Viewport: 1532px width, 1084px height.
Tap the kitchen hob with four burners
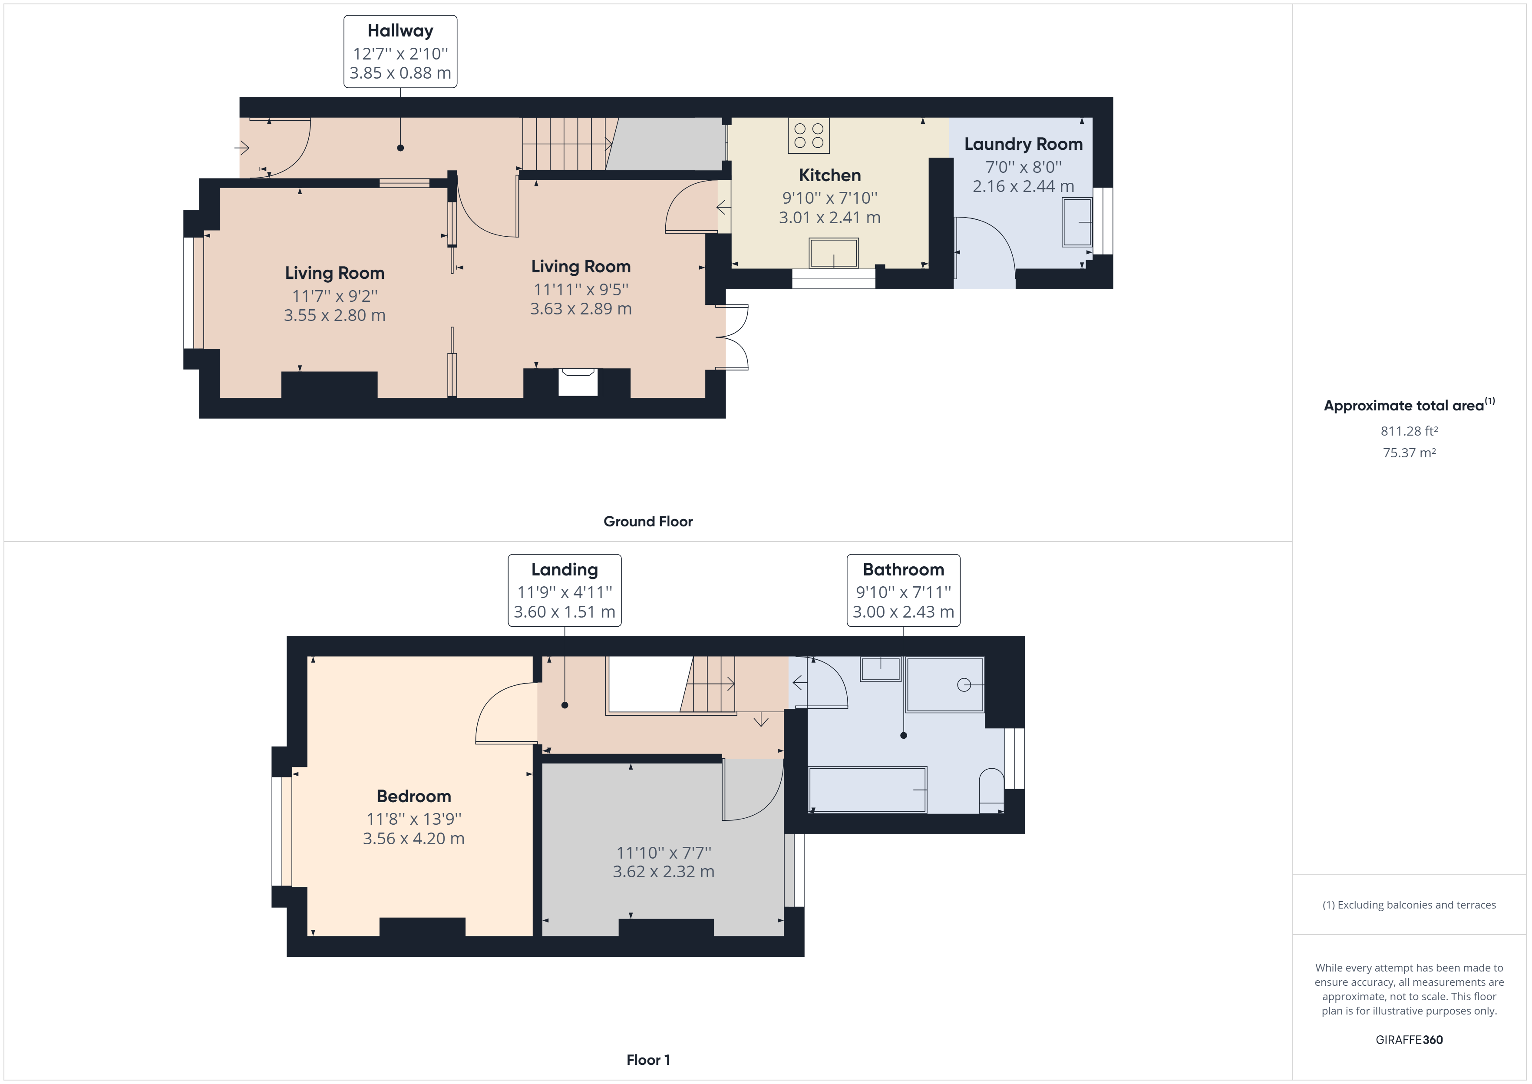809,135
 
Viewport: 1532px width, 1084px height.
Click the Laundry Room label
1023,144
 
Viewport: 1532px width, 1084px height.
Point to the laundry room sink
1077,221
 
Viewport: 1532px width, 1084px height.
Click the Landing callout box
565,590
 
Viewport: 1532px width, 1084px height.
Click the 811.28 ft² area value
1409,431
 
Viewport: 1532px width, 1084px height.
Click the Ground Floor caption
648,521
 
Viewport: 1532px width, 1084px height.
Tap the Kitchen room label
829,175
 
